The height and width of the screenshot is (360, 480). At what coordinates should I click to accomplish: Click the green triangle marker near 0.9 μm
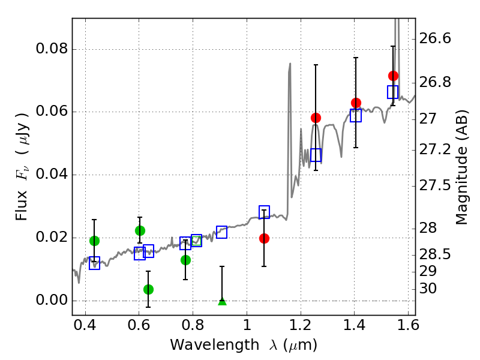[222, 302]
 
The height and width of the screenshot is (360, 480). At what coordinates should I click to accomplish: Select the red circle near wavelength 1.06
[264, 238]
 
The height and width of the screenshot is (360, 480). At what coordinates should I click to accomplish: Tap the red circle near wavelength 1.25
[316, 118]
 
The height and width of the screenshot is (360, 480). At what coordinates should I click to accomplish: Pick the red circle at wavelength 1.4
[356, 103]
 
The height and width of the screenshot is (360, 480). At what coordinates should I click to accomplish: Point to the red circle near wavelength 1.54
[394, 76]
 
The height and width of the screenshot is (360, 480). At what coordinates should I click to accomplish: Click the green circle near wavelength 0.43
[95, 241]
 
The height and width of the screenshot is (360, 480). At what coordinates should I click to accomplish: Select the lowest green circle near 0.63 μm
[148, 289]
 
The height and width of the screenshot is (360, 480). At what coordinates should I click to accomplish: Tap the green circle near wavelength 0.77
[185, 260]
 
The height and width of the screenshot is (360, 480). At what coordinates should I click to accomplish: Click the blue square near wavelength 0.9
[221, 232]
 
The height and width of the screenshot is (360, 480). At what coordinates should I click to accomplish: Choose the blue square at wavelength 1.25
[316, 155]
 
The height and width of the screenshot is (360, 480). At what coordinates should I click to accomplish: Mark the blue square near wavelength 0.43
[95, 263]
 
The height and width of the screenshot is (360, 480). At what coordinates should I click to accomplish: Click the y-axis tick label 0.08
[52, 49]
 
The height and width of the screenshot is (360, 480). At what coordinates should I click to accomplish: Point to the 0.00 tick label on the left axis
[52, 300]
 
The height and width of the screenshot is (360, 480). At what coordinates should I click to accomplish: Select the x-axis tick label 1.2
[301, 325]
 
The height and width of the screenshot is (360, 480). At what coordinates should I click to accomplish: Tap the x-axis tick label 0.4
[85, 325]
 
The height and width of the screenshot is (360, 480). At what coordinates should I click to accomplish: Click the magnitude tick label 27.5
[434, 185]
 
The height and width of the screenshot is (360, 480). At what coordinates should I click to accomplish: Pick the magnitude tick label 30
[428, 289]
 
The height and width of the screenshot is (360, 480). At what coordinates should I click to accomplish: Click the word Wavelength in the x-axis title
[215, 345]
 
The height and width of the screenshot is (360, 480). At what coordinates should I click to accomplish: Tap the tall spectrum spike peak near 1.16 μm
[290, 64]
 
